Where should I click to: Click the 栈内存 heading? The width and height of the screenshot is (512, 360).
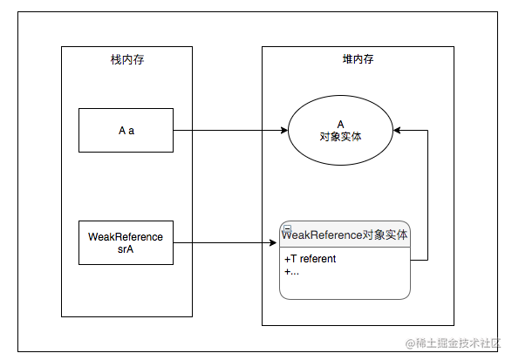pos(127,60)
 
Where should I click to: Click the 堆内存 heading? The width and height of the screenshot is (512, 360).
pos(358,59)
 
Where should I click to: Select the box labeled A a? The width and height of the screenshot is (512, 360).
pos(126,130)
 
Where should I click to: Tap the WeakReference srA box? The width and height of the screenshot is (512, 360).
pos(126,242)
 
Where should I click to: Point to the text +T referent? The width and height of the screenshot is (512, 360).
pos(310,259)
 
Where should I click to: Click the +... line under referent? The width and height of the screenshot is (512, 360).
pos(291,272)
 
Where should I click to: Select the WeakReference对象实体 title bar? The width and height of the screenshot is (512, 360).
pos(345,234)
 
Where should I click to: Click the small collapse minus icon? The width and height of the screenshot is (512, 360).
pos(287,228)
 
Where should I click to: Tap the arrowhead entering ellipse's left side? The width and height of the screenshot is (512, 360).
pos(284,130)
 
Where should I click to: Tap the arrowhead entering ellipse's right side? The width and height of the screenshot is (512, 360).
pos(397,130)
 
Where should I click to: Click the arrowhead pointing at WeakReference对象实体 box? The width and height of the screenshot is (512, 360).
pos(273,242)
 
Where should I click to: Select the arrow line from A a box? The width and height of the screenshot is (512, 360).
pos(230,130)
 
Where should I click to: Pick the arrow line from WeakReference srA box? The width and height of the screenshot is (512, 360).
pos(225,242)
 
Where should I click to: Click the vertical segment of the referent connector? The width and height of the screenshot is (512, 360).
pos(427,195)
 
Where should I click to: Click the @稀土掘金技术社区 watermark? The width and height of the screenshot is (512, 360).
pos(453,343)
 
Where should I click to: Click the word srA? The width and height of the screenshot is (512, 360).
pos(126,249)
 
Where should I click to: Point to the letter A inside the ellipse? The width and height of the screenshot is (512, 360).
pos(340,124)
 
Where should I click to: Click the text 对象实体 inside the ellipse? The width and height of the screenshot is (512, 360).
pos(340,137)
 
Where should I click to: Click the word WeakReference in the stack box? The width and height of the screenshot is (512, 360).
pos(126,236)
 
